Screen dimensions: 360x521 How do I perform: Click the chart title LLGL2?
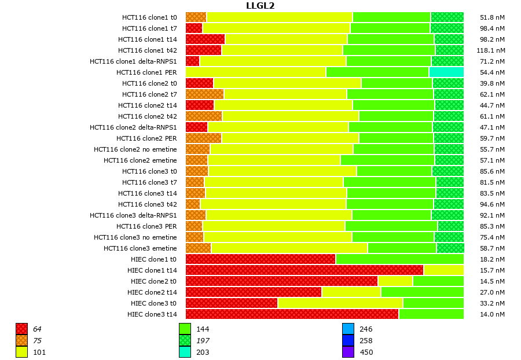click(260, 6)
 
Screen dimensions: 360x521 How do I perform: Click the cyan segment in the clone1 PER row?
click(446, 72)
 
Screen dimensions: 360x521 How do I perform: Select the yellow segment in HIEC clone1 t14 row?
click(443, 270)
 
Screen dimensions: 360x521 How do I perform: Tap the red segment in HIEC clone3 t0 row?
click(232, 303)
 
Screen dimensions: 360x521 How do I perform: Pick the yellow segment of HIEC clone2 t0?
click(395, 281)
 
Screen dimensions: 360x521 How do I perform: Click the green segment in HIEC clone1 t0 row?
click(399, 259)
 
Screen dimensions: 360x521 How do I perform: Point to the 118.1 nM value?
click(491, 50)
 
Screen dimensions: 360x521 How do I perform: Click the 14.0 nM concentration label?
click(493, 314)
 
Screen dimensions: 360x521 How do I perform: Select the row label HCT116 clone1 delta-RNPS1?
click(133, 61)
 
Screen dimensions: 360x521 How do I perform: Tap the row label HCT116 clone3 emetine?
click(140, 248)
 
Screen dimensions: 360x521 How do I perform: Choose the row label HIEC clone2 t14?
click(152, 292)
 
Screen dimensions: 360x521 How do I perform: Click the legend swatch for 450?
click(348, 352)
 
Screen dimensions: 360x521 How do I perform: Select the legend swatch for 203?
click(185, 352)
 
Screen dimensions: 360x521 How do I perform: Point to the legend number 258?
click(366, 340)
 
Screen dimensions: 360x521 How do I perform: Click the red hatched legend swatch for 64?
click(21, 329)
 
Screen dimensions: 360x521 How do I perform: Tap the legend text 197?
click(203, 340)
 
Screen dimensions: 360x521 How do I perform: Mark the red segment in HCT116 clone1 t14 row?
click(205, 39)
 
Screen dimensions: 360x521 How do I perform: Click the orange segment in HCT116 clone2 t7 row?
click(204, 94)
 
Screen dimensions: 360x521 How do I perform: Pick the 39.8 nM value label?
click(493, 83)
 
